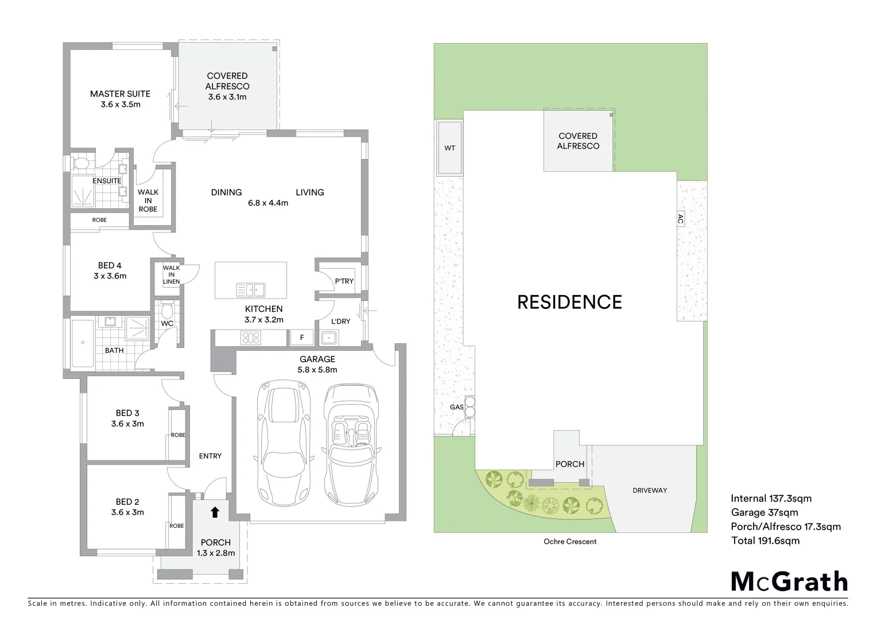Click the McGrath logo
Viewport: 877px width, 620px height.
[x=789, y=582]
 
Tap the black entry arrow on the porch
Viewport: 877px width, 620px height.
[x=215, y=512]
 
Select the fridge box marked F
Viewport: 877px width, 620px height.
[x=302, y=338]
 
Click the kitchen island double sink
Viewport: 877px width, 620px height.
[x=250, y=289]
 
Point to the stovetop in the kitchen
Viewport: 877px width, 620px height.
[x=251, y=338]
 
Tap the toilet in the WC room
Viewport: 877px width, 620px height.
[x=167, y=311]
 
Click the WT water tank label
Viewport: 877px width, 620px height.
[x=450, y=148]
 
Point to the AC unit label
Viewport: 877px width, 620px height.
[x=680, y=219]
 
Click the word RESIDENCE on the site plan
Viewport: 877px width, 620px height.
[x=569, y=302]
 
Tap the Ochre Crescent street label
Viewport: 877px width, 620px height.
[x=570, y=541]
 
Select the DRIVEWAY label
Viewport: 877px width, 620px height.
[x=650, y=490]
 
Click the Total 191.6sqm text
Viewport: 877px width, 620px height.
[x=765, y=540]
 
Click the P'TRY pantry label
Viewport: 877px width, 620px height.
[x=344, y=281]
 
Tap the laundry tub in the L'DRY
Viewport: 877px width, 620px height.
[x=328, y=338]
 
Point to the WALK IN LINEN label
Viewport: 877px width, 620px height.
[x=171, y=274]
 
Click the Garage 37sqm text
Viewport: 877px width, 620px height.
[x=764, y=513]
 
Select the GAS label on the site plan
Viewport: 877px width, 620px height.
[x=456, y=407]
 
